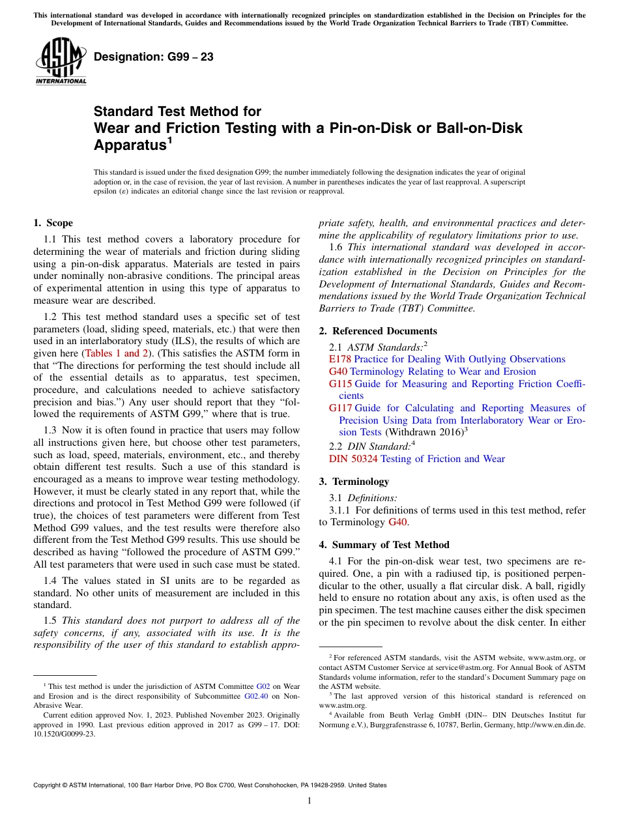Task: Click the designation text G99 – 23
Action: (154, 57)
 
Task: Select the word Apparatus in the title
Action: (130, 145)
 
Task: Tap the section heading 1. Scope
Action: (53, 223)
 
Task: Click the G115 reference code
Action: (340, 384)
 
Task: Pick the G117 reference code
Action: (340, 408)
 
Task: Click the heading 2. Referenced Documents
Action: (378, 331)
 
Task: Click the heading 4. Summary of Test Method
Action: (384, 545)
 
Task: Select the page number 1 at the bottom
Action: (309, 801)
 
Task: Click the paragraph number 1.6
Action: (336, 247)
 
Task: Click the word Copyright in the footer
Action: (48, 785)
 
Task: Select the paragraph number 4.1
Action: (336, 560)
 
